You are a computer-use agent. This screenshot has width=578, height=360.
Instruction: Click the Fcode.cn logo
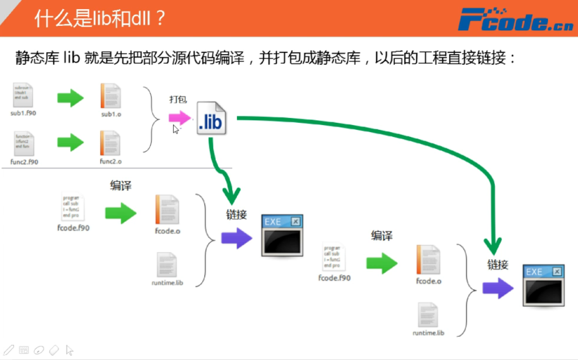pos(515,19)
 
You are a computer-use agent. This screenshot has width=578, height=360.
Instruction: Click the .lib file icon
pos(211,119)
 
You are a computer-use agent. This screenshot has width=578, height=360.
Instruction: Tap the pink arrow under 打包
pos(179,118)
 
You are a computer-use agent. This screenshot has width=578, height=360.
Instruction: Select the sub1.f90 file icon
pos(23,95)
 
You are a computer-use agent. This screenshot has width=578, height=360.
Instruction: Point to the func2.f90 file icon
pos(24,144)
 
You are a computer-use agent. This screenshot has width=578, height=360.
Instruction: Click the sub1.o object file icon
pos(111,96)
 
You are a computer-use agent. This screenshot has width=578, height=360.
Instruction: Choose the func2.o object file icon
pos(110,143)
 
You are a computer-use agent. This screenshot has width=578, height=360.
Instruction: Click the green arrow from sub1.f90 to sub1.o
pos(70,98)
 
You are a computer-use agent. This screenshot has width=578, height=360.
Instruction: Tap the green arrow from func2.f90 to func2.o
pos(70,142)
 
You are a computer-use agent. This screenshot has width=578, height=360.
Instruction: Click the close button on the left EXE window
pos(296,222)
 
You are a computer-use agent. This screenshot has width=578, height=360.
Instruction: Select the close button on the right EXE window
pos(557,272)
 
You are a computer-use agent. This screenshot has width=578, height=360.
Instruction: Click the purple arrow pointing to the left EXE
pos(236,238)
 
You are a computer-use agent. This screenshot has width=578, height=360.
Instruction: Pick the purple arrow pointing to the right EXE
pos(498,288)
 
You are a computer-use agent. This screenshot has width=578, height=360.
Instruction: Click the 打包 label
pos(178,100)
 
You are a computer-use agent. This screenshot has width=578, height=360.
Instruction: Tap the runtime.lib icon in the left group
pos(167,265)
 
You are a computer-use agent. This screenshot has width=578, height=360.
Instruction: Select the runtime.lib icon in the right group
pos(428,315)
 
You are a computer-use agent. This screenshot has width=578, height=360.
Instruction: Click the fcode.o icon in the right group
pos(429,260)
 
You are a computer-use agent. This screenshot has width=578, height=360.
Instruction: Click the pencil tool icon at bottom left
pos(9,350)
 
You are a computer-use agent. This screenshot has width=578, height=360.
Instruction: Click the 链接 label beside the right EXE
pos(498,265)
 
